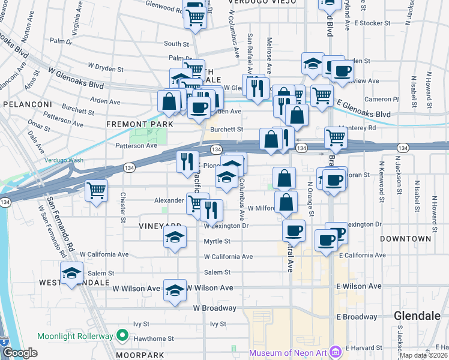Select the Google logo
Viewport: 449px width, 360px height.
pos(20,353)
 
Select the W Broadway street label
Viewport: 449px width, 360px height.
pos(214,308)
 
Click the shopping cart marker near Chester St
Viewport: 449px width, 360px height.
pos(96,191)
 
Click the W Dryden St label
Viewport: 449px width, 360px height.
pos(106,70)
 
